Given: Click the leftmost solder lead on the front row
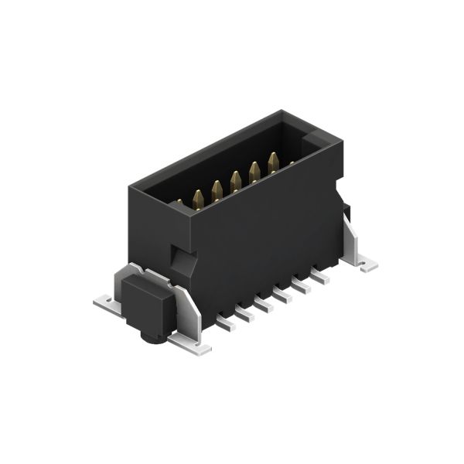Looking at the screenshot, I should point(226,322).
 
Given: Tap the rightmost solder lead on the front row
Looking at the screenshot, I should point(320,275).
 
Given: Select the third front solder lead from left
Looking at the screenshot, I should point(264,303).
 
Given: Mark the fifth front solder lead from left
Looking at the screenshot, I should point(302,285).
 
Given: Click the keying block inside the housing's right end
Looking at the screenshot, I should point(316,143).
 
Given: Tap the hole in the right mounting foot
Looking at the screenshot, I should point(363,264).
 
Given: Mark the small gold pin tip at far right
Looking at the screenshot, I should point(292,163).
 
